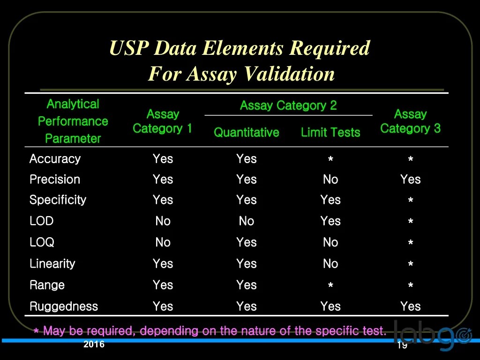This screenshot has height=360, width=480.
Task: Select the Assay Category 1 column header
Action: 163,121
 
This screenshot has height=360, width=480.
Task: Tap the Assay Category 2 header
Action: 288,105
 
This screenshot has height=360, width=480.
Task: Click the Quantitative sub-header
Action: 247,133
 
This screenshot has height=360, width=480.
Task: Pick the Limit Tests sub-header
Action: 330,133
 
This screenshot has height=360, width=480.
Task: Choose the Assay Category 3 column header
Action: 410,121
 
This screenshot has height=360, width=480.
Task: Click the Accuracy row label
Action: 55,159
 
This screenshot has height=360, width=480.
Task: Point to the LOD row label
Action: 41,221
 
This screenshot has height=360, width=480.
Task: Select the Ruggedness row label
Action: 64,307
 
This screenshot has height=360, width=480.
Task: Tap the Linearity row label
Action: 52,264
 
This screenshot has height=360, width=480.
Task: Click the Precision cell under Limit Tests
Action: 330,180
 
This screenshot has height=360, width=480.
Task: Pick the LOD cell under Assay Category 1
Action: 163,221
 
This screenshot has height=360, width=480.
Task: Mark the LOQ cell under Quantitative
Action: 247,242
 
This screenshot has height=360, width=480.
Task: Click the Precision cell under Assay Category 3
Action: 410,180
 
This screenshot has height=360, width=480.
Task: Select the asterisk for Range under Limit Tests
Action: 330,286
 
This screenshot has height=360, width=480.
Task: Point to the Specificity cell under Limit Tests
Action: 330,200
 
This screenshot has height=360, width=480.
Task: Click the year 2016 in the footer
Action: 94,345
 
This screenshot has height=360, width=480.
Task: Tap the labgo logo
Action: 431,335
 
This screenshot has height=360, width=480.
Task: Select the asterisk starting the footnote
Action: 36,332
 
